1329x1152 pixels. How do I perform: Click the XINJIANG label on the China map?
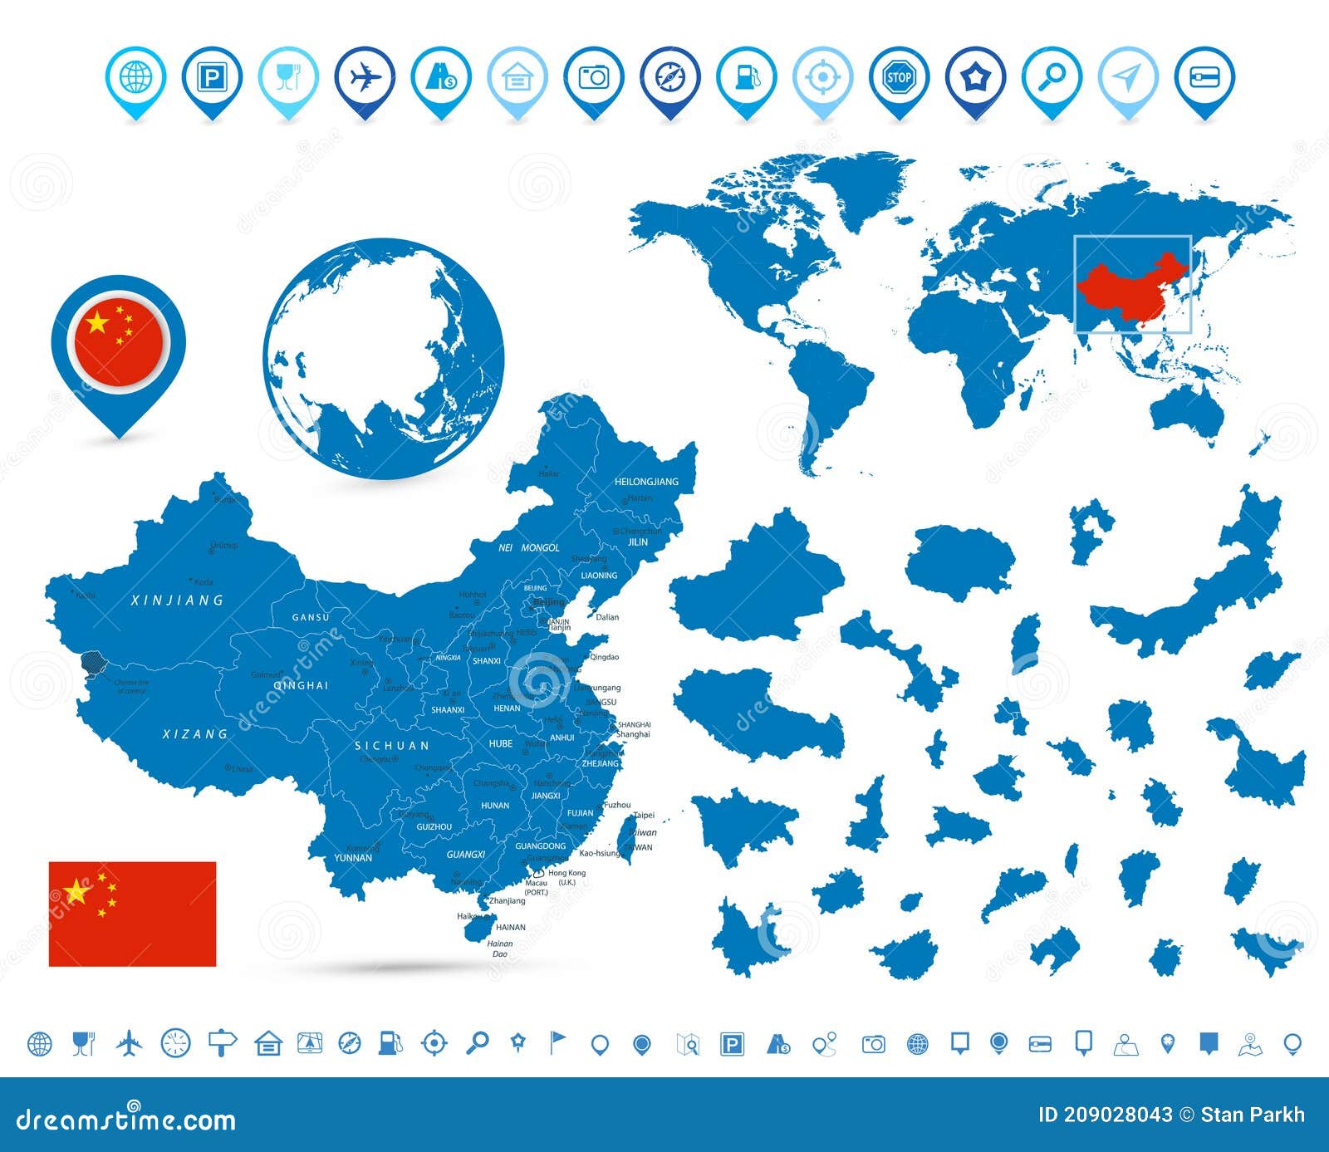tap(178, 600)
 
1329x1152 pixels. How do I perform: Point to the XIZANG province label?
tap(195, 734)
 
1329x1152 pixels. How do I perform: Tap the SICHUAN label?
tap(392, 746)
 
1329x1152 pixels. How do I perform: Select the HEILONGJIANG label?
tap(646, 482)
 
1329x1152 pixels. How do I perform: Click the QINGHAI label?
tap(301, 686)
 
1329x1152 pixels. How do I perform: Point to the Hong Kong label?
tap(566, 873)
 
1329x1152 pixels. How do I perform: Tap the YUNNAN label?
tap(352, 857)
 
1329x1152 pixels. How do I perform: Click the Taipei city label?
tap(644, 816)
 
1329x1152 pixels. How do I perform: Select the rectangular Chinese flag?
tap(132, 914)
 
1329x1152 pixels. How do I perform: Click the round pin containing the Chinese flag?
tap(119, 341)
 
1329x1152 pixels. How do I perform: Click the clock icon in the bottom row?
tap(176, 1043)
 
